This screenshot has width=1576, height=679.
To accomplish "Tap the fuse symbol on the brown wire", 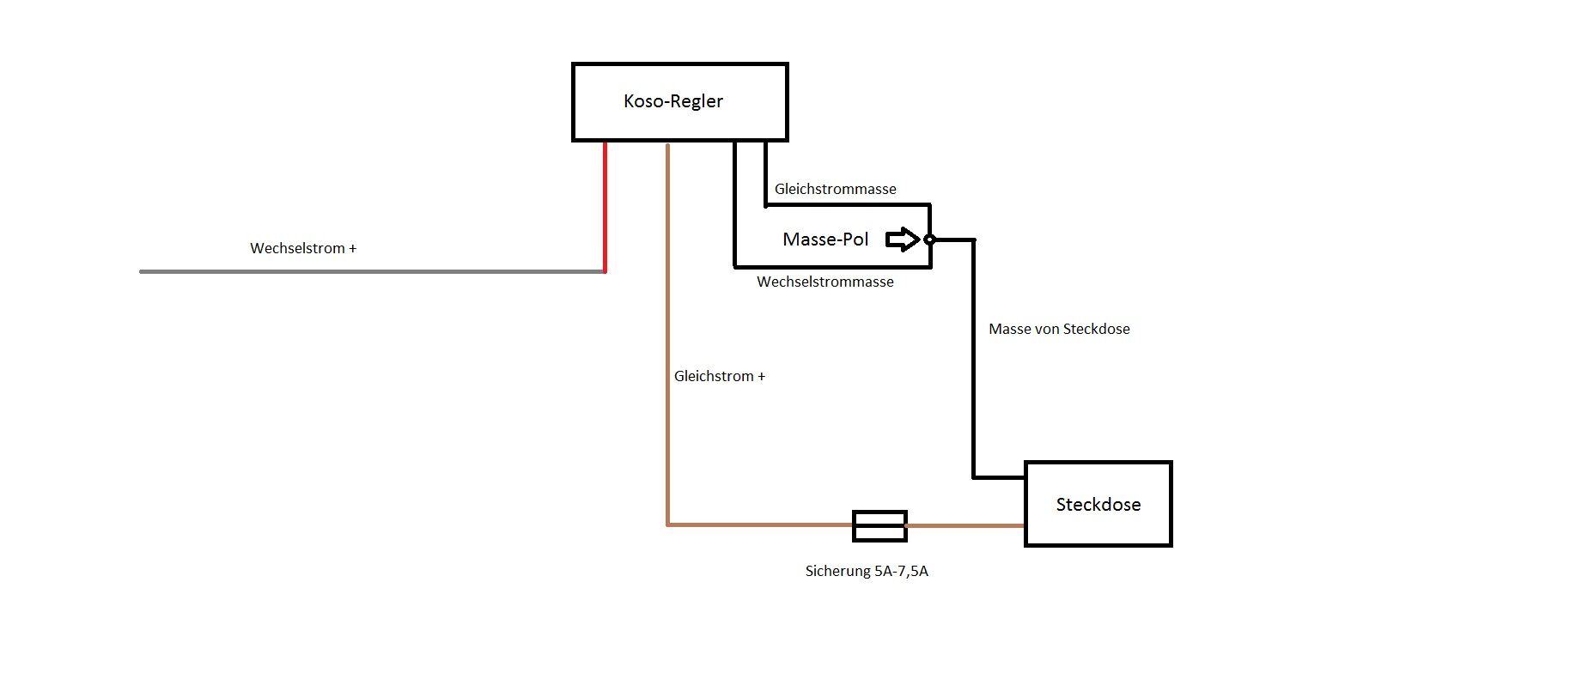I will [879, 525].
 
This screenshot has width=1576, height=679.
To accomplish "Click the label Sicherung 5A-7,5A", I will [867, 571].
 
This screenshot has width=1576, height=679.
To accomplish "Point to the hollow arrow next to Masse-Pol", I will [902, 239].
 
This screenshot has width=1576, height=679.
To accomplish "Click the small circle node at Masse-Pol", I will [928, 239].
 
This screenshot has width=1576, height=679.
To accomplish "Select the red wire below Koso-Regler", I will [605, 206].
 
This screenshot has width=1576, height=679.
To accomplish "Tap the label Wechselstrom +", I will [303, 248].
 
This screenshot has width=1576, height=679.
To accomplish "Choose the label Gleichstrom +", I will [719, 376].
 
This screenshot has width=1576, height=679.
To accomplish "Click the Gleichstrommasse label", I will [835, 189].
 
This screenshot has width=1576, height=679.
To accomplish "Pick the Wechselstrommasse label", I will [825, 282].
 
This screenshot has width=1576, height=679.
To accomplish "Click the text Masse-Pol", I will [825, 239].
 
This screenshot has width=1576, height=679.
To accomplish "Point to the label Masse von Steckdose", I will [1059, 329].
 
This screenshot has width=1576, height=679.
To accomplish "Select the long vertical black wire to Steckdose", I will [974, 361].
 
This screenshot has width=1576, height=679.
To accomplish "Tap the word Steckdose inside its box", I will [1098, 505].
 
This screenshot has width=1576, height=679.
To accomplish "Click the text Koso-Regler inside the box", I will [673, 101].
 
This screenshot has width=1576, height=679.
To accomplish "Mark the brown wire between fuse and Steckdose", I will [965, 525].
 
